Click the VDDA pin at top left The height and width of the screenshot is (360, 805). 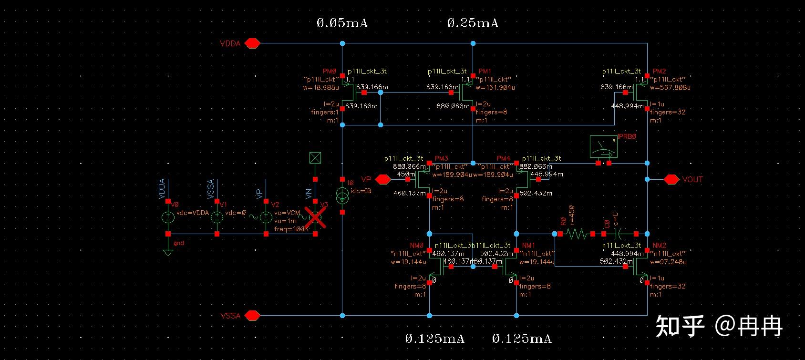252,43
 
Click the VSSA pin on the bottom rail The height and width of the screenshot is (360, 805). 252,315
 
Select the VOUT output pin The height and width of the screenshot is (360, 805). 671,179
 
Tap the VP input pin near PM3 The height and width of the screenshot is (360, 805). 382,179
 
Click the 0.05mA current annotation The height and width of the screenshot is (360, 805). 342,23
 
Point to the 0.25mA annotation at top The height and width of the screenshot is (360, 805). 473,23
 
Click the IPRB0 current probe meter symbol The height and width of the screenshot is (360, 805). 603,147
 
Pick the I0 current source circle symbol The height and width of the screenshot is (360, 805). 342,195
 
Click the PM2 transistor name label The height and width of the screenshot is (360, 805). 659,71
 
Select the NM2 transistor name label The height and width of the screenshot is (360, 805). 659,245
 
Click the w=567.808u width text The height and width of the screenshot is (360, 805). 670,87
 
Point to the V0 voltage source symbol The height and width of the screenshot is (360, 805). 168,217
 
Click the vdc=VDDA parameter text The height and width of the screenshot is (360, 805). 193,213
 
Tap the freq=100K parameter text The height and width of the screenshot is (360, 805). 291,229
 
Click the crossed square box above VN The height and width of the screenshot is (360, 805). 315,158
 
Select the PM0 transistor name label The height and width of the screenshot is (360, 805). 330,71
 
